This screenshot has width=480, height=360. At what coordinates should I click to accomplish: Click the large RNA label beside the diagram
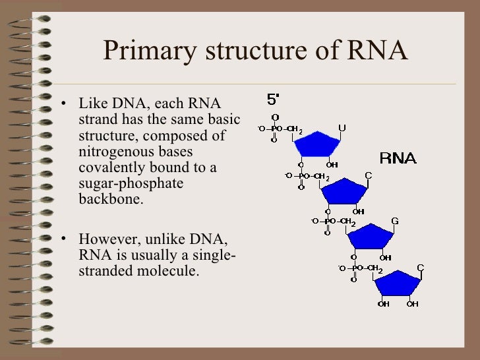(x=398, y=159)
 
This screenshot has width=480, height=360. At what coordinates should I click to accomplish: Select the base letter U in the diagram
(x=342, y=127)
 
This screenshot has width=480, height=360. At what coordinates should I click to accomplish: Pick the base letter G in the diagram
(x=395, y=220)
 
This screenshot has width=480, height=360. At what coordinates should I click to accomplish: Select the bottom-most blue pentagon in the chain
(x=398, y=284)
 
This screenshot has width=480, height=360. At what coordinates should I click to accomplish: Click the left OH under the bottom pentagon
(x=383, y=304)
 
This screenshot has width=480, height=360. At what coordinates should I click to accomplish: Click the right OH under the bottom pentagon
(x=412, y=304)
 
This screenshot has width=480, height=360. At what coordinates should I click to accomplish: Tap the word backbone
(x=109, y=198)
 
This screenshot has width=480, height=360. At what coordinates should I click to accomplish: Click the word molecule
(x=168, y=270)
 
